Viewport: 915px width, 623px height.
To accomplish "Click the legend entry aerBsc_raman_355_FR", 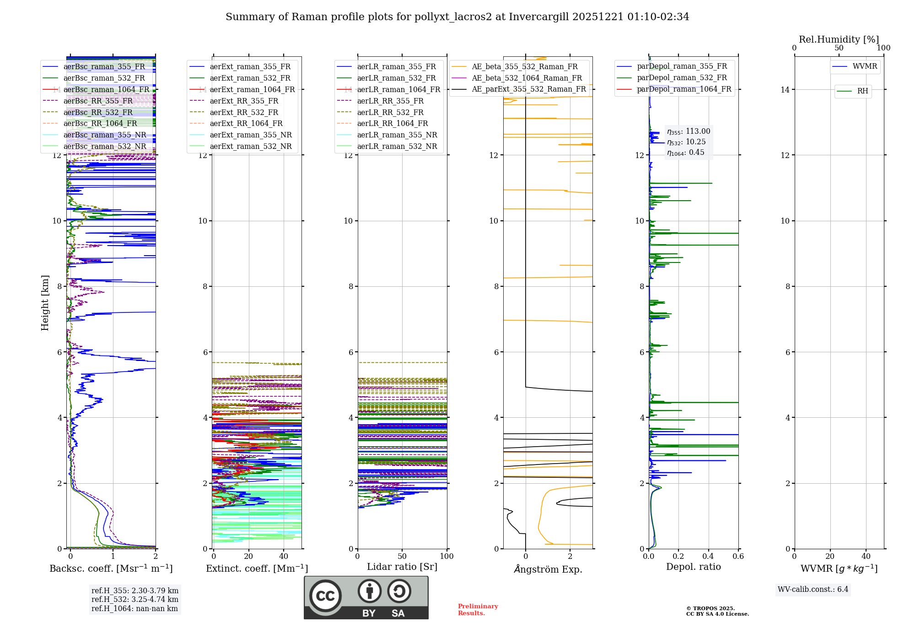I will tap(104, 67).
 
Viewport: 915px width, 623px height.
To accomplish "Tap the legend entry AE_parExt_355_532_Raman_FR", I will tap(528, 89).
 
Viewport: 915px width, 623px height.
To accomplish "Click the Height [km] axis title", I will tap(45, 303).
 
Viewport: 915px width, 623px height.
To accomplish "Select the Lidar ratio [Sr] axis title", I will tap(402, 567).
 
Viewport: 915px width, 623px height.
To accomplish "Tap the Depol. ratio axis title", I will tap(693, 567).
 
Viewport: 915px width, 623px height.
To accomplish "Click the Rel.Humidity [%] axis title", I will tap(839, 39).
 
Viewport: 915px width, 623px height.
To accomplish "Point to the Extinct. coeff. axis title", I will tap(257, 569).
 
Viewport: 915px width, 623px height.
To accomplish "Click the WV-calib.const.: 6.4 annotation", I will tap(813, 590).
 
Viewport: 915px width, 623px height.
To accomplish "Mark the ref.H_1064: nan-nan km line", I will tap(135, 609).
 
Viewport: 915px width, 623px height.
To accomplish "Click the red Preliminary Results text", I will tap(478, 610).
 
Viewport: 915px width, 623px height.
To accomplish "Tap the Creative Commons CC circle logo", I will tap(325, 596).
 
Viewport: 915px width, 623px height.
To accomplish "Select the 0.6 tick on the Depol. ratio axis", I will tap(738, 557).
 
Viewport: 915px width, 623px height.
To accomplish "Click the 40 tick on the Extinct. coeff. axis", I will tap(284, 557).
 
